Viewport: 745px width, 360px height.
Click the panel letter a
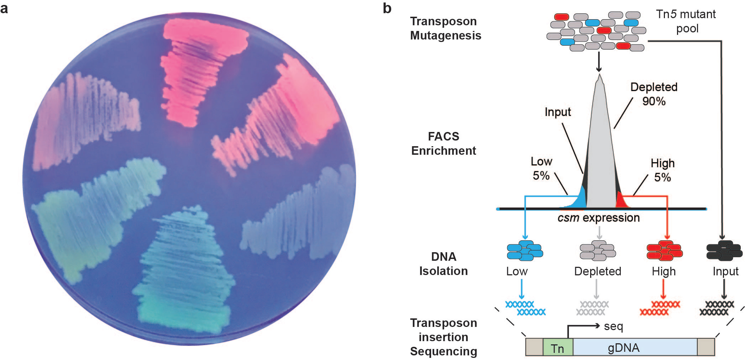click(4, 8)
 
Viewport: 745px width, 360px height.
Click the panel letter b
click(387, 8)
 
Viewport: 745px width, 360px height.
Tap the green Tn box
click(557, 348)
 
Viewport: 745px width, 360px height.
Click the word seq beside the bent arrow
click(613, 326)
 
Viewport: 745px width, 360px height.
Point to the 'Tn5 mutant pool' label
click(686, 21)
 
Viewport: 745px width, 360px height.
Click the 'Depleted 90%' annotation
click(654, 94)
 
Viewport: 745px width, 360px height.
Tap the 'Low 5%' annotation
click(541, 168)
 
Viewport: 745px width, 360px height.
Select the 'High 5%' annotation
click(662, 170)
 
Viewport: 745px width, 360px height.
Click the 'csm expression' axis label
click(599, 218)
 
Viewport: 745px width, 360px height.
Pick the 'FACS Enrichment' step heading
click(444, 143)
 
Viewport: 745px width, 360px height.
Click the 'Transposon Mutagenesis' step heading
click(445, 28)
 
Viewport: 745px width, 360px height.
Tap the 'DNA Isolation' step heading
click(444, 264)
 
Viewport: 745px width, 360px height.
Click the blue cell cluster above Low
click(525, 250)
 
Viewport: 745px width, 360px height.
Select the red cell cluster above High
click(664, 250)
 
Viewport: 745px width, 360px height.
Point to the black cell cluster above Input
click(724, 250)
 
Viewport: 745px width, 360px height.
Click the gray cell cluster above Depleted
click(598, 250)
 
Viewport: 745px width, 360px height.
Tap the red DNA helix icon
click(660, 308)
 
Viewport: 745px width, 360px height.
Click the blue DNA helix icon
click(525, 308)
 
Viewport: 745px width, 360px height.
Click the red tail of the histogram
click(621, 201)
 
